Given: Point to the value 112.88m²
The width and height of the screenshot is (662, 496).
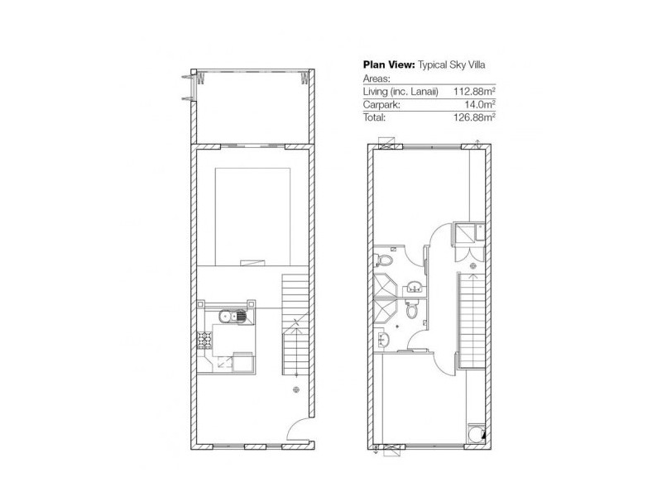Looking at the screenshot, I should click(473, 91).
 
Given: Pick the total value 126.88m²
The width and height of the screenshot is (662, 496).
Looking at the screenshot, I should click(473, 118).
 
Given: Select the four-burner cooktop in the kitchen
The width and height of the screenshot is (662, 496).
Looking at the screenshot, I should click(204, 338).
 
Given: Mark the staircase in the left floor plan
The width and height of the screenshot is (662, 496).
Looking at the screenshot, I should click(294, 322).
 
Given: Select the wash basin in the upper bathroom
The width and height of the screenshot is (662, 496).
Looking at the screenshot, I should click(415, 286).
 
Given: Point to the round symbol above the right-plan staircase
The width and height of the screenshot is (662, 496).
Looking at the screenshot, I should click(473, 267).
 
